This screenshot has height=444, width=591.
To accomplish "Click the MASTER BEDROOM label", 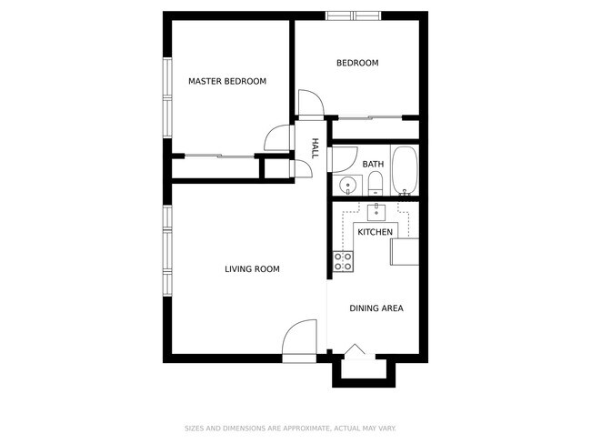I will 227,82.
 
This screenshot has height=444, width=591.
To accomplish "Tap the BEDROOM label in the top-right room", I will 357,63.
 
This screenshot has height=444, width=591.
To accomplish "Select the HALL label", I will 315,148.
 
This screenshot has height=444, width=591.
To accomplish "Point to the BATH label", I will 373,165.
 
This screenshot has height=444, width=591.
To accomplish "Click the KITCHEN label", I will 375,233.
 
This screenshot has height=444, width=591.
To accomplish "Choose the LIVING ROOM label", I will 252,269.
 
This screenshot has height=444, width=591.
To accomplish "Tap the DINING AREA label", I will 376,308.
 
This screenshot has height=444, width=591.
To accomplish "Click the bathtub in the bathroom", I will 405,171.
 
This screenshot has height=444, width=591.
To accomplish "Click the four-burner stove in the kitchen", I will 344,263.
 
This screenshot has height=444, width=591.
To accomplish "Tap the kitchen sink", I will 376,213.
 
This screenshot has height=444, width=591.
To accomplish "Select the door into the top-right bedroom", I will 309,103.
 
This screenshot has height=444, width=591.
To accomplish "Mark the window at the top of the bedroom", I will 354,15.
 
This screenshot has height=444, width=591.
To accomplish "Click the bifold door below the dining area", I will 356,350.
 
